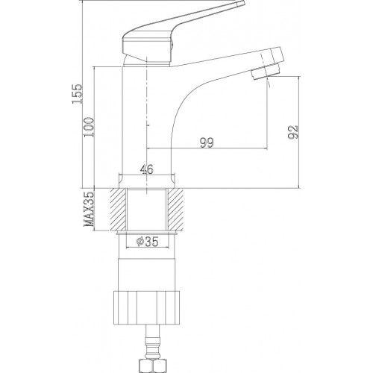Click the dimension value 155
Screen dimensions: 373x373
pos(77,93)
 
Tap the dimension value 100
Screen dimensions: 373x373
pos(90,127)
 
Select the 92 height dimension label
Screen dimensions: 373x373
pos(292,132)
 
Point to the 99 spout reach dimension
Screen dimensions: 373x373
pos(207,142)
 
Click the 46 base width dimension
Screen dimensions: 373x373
pos(147,169)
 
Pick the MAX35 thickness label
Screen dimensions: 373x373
pos(90,210)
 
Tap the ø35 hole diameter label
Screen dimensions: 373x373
pos(147,241)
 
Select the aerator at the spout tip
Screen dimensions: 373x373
pos(265,72)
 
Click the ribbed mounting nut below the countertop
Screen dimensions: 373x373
pos(146,307)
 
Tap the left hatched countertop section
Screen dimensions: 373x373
pos(119,210)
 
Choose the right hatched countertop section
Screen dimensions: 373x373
pos(175,210)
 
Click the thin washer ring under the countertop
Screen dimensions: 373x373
pos(147,233)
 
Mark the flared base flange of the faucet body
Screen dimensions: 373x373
pos(147,181)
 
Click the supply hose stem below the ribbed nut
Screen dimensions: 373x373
pos(153,342)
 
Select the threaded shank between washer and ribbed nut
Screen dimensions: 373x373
pos(147,263)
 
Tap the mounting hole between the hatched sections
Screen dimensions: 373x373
pos(146,210)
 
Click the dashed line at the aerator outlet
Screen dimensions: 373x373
pos(268,82)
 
